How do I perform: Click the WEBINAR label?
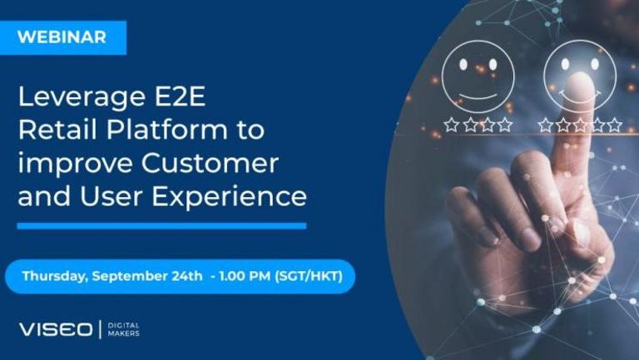pyautogui.click(x=62, y=37)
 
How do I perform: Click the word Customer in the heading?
pyautogui.click(x=210, y=163)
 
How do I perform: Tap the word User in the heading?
pyautogui.click(x=111, y=196)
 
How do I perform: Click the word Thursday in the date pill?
pyautogui.click(x=55, y=277)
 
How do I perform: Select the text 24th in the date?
pyautogui.click(x=186, y=276)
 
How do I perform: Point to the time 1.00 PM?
pyautogui.click(x=245, y=276)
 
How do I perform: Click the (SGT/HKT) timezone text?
pyautogui.click(x=309, y=276)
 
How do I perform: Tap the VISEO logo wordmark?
pyautogui.click(x=56, y=329)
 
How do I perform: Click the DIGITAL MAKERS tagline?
pyautogui.click(x=123, y=329)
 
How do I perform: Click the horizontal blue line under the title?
pyautogui.click(x=161, y=226)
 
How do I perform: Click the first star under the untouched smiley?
pyautogui.click(x=452, y=125)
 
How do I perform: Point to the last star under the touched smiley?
pyautogui.click(x=615, y=125)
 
